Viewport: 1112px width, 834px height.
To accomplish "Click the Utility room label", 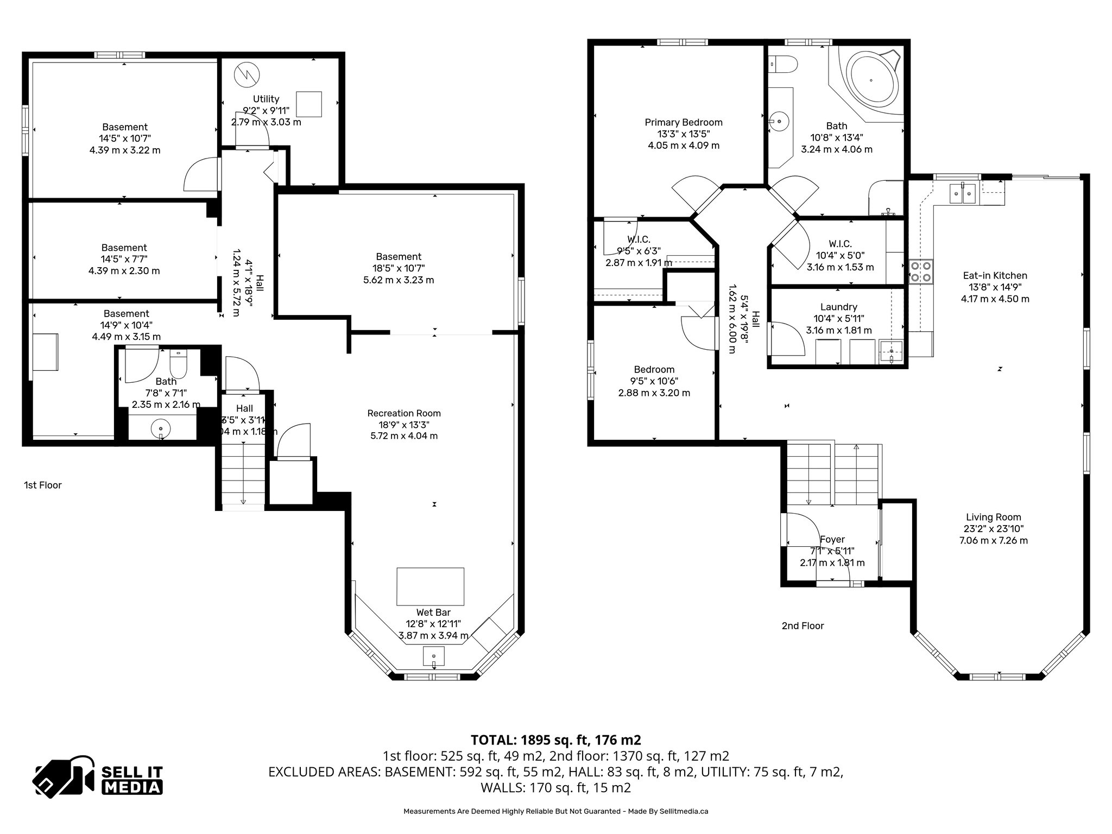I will click(x=266, y=99).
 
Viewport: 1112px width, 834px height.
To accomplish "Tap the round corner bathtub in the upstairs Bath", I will click(x=871, y=80).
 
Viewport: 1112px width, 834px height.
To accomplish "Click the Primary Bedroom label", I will click(x=684, y=122).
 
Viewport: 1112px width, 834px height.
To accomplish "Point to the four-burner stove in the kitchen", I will click(x=921, y=271).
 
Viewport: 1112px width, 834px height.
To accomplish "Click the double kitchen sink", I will click(x=963, y=193).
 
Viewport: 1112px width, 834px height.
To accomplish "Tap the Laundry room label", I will click(x=839, y=307).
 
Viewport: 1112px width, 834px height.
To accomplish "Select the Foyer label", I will click(x=832, y=539).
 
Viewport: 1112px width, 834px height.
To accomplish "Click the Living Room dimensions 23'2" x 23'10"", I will click(x=994, y=529).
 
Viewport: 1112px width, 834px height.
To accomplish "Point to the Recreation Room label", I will click(x=404, y=413).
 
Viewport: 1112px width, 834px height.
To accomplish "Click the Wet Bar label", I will click(x=433, y=612).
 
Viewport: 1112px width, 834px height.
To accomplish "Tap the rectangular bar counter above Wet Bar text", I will click(x=430, y=586).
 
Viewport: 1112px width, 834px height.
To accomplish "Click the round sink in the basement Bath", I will click(x=161, y=428).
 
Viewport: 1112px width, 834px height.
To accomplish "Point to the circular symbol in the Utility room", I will click(x=247, y=74).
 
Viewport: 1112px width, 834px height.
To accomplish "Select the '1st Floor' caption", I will click(x=43, y=485).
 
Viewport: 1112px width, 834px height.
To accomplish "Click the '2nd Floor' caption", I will click(x=803, y=625).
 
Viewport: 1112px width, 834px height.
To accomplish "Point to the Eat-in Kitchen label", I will click(x=995, y=275).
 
